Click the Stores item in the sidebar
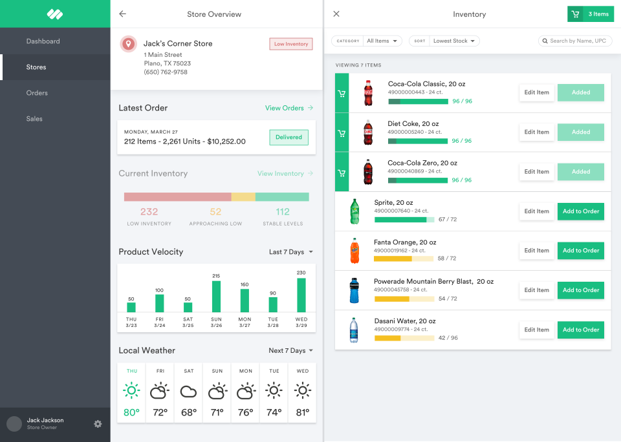36,67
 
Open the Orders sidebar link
37,93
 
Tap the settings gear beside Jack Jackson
98,424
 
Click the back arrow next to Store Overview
123,14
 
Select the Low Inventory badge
291,44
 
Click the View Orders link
289,108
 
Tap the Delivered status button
289,137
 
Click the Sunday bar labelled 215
216,297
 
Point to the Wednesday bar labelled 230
301,295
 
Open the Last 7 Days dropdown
290,252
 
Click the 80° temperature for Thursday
132,412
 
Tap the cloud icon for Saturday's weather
188,392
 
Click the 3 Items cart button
590,14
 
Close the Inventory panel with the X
336,14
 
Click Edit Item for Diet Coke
536,132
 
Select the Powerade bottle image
354,290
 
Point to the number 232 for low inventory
149,212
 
